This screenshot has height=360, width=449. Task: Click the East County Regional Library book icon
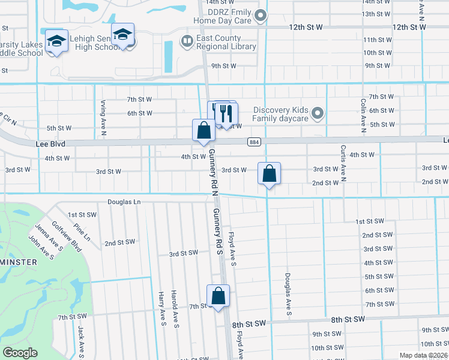[187, 41]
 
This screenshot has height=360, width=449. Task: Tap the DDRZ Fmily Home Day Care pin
[261, 16]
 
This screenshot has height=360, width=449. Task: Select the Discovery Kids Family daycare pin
[318, 113]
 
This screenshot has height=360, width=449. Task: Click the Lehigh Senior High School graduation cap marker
[122, 35]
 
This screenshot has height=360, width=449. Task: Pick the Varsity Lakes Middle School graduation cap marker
[56, 41]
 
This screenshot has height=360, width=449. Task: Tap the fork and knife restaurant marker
[226, 112]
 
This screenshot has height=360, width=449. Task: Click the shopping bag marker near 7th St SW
[218, 296]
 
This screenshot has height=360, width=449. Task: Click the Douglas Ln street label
[124, 202]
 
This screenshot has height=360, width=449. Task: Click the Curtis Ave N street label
[343, 163]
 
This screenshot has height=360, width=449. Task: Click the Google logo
[20, 353]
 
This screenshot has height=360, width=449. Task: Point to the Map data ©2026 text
[423, 355]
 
